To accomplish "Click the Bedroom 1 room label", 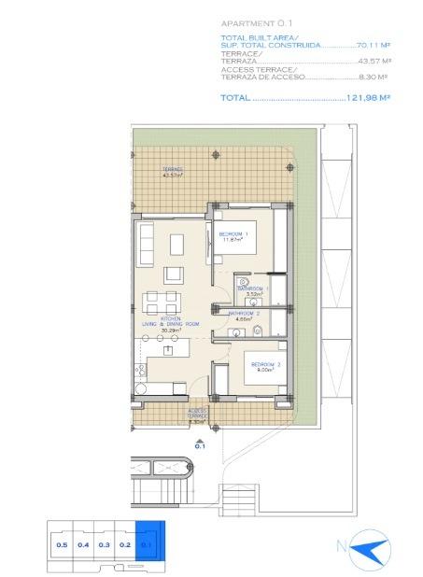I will pyautogui.click(x=232, y=233).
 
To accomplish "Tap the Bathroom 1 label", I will pyautogui.click(x=252, y=290).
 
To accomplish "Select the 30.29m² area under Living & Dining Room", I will pyautogui.click(x=170, y=330).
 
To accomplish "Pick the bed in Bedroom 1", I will pyautogui.click(x=245, y=245).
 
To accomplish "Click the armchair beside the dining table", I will pyautogui.click(x=174, y=274).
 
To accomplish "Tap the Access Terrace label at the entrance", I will pyautogui.click(x=197, y=413).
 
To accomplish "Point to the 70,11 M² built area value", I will pyautogui.click(x=373, y=44).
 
